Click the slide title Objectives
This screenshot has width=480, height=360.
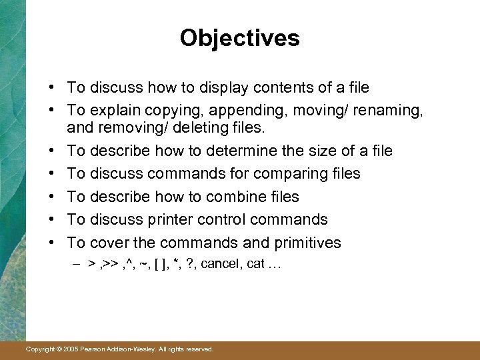[x=239, y=38]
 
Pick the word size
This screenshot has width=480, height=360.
[x=328, y=151]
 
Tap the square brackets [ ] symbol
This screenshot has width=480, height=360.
[x=161, y=265]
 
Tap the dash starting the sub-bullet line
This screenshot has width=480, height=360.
[x=77, y=265]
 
